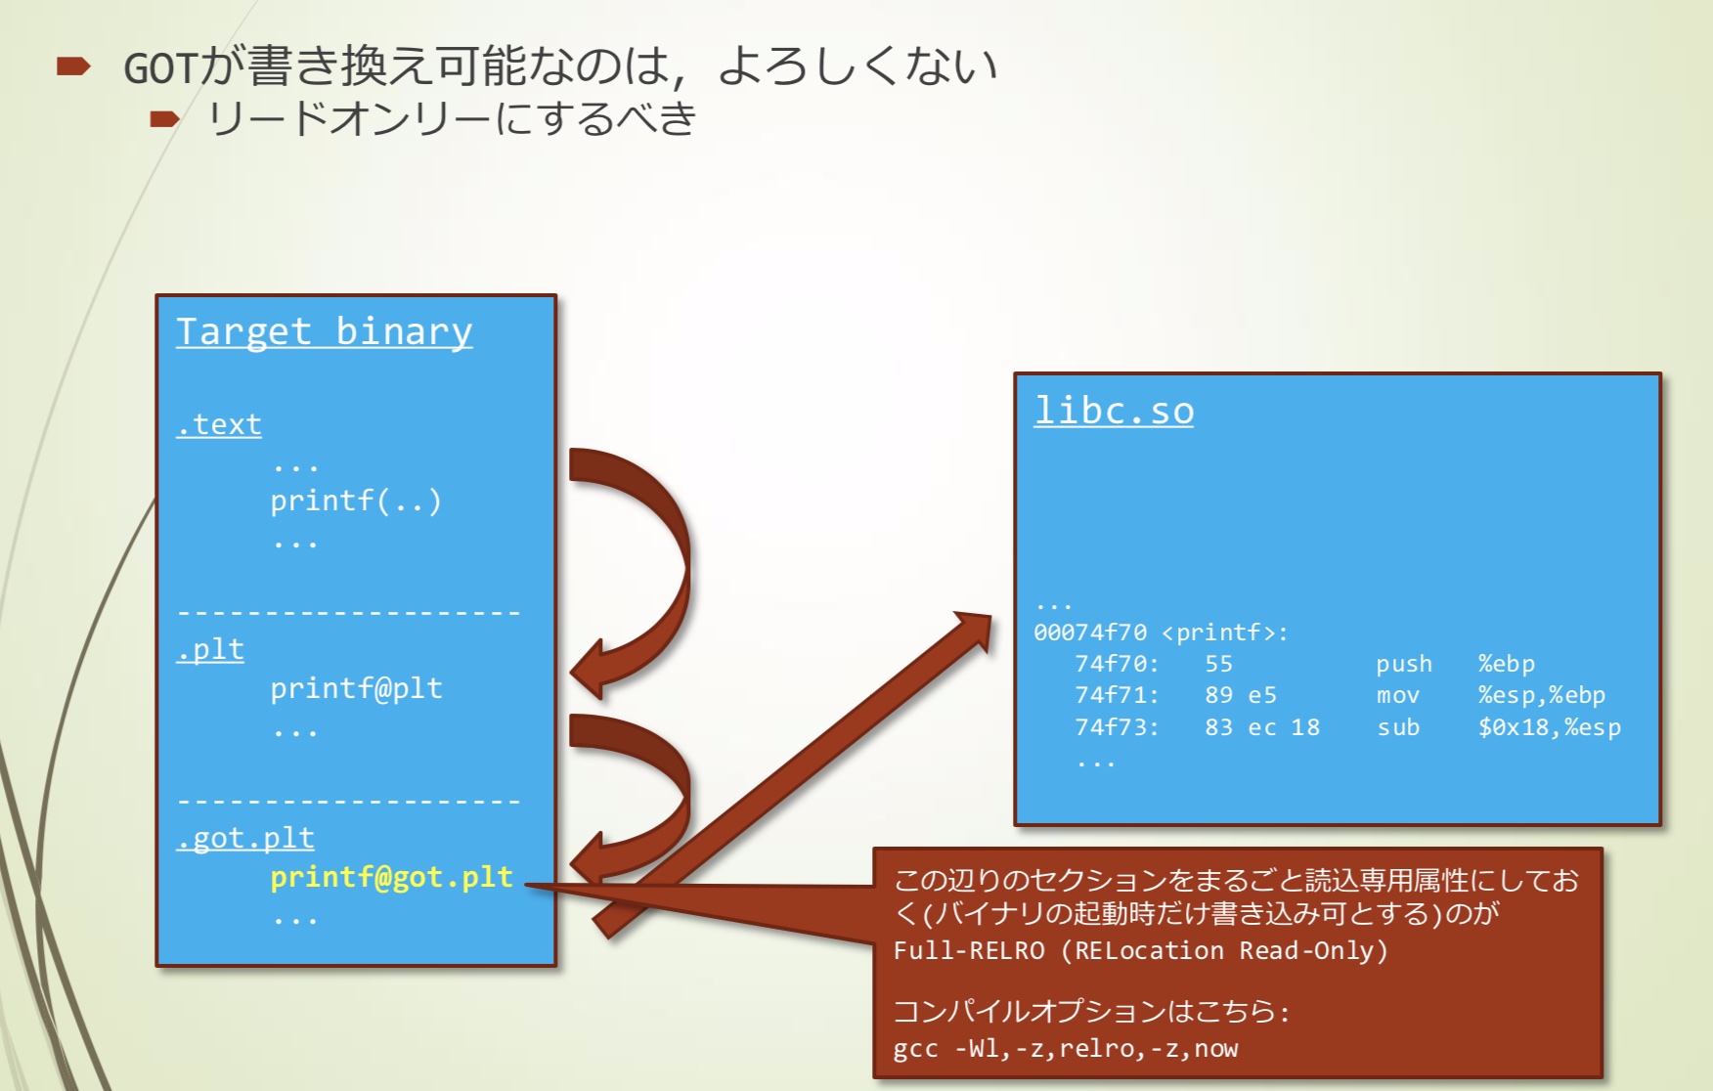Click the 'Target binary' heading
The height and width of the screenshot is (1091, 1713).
(324, 331)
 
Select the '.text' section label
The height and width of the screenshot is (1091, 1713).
(219, 424)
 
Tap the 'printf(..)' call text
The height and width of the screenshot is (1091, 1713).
(356, 501)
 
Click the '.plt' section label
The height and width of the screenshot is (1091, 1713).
(210, 649)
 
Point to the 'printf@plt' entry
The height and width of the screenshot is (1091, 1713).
(356, 688)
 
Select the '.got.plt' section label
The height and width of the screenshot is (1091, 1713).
(245, 838)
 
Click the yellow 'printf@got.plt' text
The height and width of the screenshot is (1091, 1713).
(391, 877)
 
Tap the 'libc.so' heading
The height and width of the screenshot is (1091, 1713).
(1114, 411)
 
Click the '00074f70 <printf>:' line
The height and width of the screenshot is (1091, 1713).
(1161, 633)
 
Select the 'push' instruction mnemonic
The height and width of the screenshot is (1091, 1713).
(1404, 664)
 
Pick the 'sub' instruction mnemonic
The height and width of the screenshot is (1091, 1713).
(1398, 727)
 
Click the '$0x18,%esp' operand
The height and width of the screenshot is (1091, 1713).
(1549, 727)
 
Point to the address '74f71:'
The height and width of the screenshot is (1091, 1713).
(1117, 695)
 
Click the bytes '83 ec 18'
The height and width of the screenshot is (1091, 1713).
(1261, 727)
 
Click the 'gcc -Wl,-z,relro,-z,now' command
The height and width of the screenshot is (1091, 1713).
(1065, 1049)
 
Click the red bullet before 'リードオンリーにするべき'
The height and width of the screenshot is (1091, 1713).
(164, 119)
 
